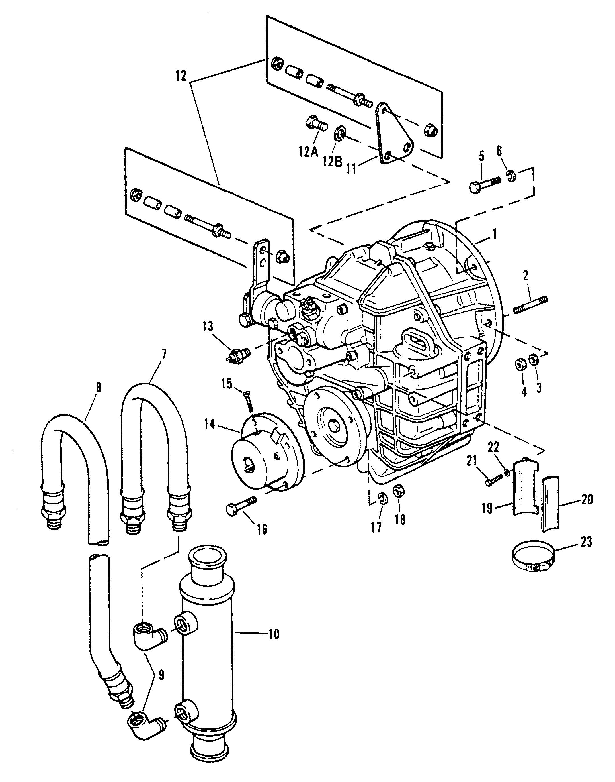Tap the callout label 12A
point(309,153)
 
